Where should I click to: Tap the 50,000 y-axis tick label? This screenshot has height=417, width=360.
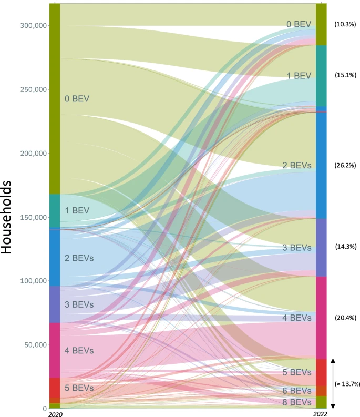36,345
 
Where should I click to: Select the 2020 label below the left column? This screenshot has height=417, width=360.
55,414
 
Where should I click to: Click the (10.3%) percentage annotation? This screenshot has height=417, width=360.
345,24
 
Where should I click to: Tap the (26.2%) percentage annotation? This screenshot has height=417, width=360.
345,165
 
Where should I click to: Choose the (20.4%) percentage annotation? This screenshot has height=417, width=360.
345,318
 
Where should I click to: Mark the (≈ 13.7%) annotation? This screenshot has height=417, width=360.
347,384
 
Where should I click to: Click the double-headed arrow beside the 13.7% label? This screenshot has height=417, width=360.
333,383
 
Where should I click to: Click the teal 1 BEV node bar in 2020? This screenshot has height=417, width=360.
55,211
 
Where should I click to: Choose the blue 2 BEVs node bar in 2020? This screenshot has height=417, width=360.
55,257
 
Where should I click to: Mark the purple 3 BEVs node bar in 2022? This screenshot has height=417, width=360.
321,247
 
